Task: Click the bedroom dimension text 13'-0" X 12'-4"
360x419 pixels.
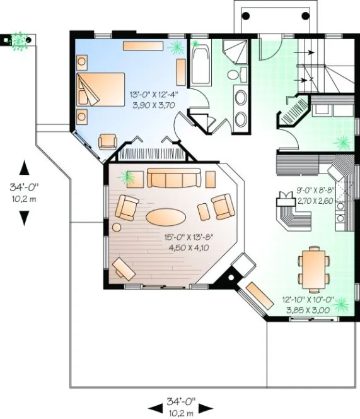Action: tap(154, 94)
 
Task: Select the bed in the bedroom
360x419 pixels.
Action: tap(102, 89)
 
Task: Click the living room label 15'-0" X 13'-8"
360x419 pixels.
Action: tap(190, 237)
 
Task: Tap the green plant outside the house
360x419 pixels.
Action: tap(21, 40)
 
